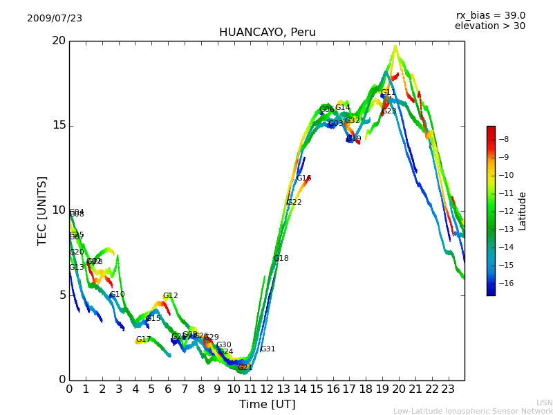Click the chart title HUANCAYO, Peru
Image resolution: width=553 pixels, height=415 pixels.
pyautogui.click(x=267, y=33)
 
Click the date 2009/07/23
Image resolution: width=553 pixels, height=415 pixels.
pyautogui.click(x=55, y=19)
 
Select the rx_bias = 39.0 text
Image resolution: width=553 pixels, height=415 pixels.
pyautogui.click(x=490, y=16)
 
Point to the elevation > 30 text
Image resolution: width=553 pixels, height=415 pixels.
pyautogui.click(x=490, y=26)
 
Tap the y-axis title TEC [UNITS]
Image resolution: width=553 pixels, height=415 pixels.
pyautogui.click(x=42, y=210)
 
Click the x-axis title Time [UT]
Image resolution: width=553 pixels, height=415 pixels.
pyautogui.click(x=267, y=405)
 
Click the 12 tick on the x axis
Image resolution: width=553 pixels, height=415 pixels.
pyautogui.click(x=267, y=389)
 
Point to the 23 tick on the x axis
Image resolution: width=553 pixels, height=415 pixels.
pyautogui.click(x=448, y=389)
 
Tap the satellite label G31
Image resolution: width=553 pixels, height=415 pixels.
pyautogui.click(x=268, y=349)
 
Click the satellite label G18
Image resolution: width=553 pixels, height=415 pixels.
pyautogui.click(x=281, y=259)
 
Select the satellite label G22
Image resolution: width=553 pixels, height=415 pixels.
pyautogui.click(x=294, y=203)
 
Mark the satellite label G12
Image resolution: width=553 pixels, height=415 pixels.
pyautogui.click(x=171, y=296)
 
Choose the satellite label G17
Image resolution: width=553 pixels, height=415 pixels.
pyautogui.click(x=143, y=340)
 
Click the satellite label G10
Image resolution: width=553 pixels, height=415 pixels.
pyautogui.click(x=118, y=295)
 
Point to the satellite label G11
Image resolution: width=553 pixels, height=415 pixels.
pyautogui.click(x=388, y=93)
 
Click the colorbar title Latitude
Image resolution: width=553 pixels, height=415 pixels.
pyautogui.click(x=523, y=211)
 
